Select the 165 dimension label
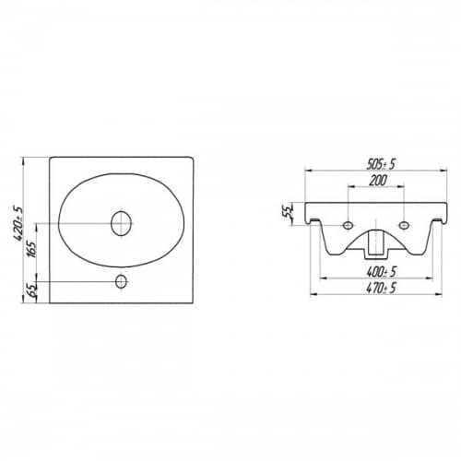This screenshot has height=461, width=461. (x=31, y=249)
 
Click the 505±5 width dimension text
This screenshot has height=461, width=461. (x=381, y=165)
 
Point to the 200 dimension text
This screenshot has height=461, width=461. (x=378, y=181)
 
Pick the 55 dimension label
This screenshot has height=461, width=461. (x=288, y=212)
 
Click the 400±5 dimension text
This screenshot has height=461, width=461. (x=382, y=272)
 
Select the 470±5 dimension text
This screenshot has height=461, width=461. (x=381, y=289)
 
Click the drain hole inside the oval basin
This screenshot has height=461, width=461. (x=122, y=223)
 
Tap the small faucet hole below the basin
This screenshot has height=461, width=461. (x=122, y=281)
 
